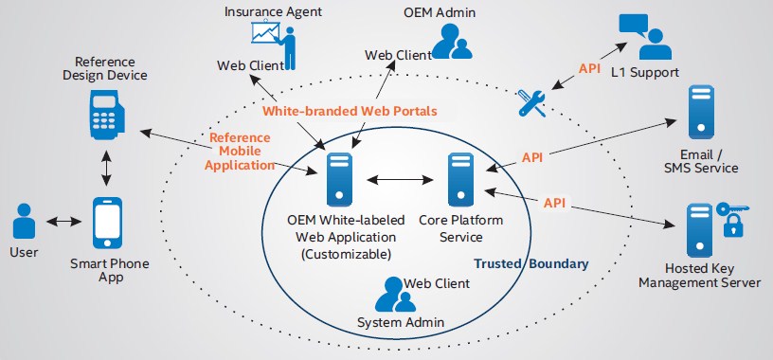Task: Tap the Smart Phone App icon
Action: pyautogui.click(x=107, y=224)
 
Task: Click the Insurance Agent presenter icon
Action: pyautogui.click(x=274, y=40)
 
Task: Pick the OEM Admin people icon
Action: pyautogui.click(x=446, y=40)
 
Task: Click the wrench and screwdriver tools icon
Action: pyautogui.click(x=532, y=102)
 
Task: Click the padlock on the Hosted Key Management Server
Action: pyautogui.click(x=733, y=226)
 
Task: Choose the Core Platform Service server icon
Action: pyautogui.click(x=462, y=178)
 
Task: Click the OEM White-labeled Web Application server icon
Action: pyautogui.click(x=338, y=178)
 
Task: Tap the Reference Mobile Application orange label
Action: pyautogui.click(x=241, y=150)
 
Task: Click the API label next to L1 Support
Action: pyautogui.click(x=588, y=69)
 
